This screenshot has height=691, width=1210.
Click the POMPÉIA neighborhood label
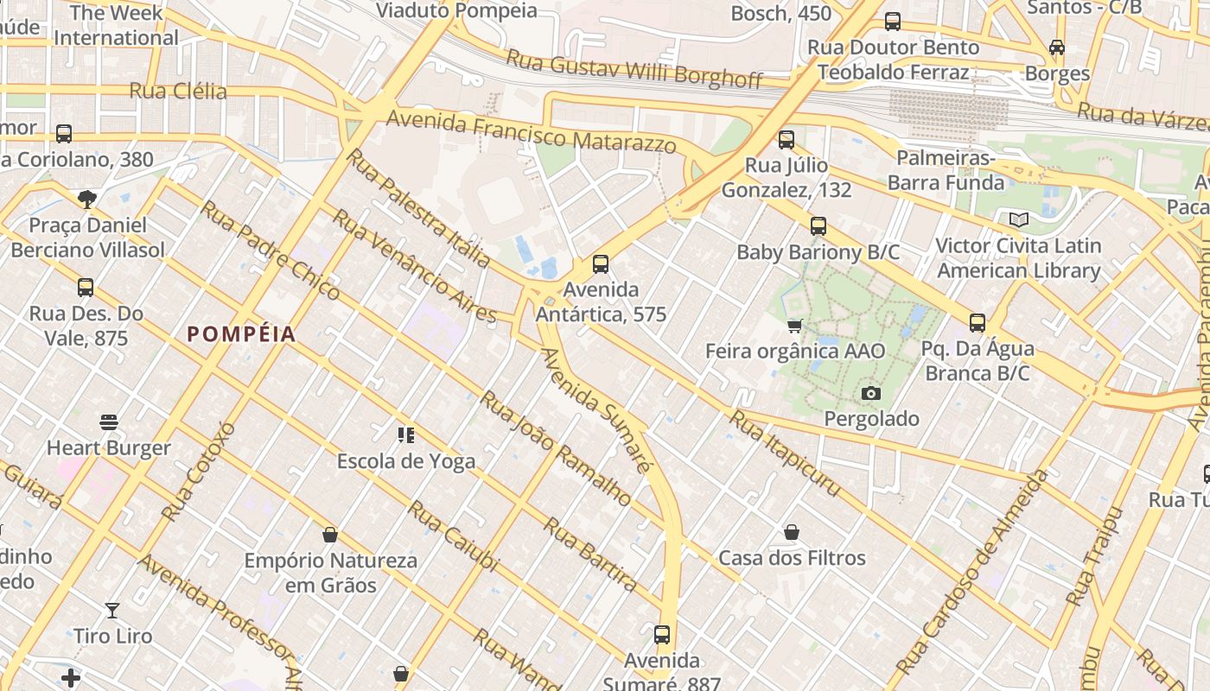(x=241, y=334)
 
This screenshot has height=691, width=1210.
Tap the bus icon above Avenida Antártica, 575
(x=601, y=264)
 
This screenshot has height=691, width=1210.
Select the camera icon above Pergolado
(x=871, y=394)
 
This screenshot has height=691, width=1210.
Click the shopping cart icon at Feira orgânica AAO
(x=795, y=326)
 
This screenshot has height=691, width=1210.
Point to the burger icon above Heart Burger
(x=109, y=422)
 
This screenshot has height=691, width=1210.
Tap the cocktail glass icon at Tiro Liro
(x=112, y=611)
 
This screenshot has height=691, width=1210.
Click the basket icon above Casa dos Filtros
(x=792, y=532)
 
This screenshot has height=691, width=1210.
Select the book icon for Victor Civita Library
(x=1019, y=219)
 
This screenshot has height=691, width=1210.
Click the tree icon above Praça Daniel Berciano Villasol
(x=86, y=200)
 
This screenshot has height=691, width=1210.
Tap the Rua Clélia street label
(x=178, y=91)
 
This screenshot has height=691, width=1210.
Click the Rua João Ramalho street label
(x=556, y=447)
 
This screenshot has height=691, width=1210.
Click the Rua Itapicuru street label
(x=784, y=453)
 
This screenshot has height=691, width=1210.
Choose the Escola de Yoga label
(x=406, y=461)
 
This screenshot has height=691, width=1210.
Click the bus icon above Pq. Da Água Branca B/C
(x=978, y=323)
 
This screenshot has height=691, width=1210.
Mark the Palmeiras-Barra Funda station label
(x=946, y=170)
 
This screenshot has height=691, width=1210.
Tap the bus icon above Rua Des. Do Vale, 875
(x=85, y=288)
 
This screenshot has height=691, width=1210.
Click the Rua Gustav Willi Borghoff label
(x=634, y=70)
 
